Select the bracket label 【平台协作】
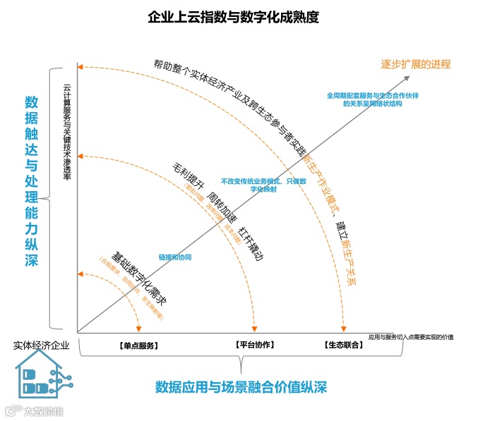coord(254,345)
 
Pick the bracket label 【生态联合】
coord(345,346)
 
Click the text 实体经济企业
coord(42,346)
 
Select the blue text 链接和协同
coord(176,257)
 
